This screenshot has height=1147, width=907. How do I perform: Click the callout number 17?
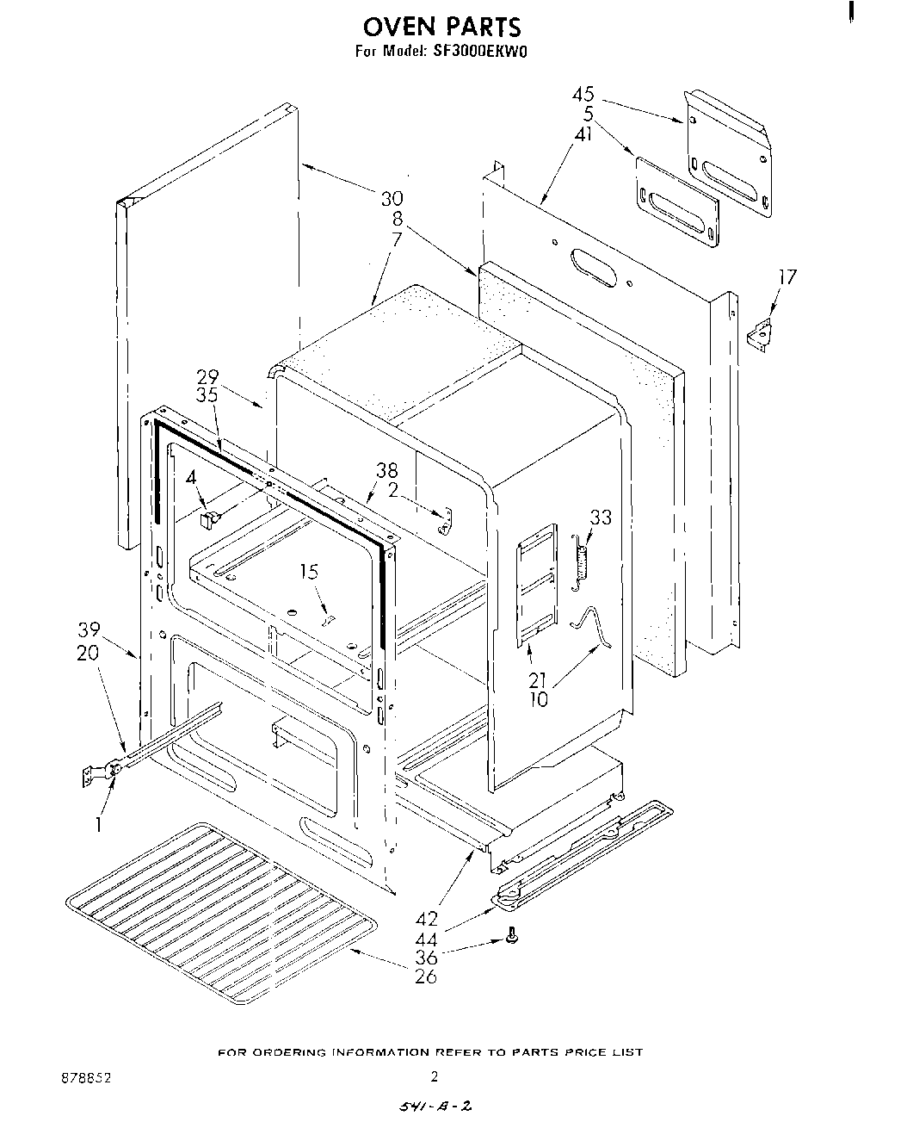[x=787, y=277]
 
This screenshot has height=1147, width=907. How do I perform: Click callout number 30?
[x=392, y=200]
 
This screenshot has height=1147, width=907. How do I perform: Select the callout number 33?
[x=600, y=518]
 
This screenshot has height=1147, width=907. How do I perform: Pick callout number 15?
[x=308, y=572]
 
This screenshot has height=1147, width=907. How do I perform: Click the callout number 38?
[x=386, y=471]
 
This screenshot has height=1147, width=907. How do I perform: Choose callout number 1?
[x=99, y=824]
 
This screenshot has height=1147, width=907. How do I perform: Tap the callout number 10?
[x=539, y=700]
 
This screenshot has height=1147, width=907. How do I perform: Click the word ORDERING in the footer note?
[x=296, y=1052]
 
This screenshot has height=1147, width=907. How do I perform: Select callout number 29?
[x=207, y=376]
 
